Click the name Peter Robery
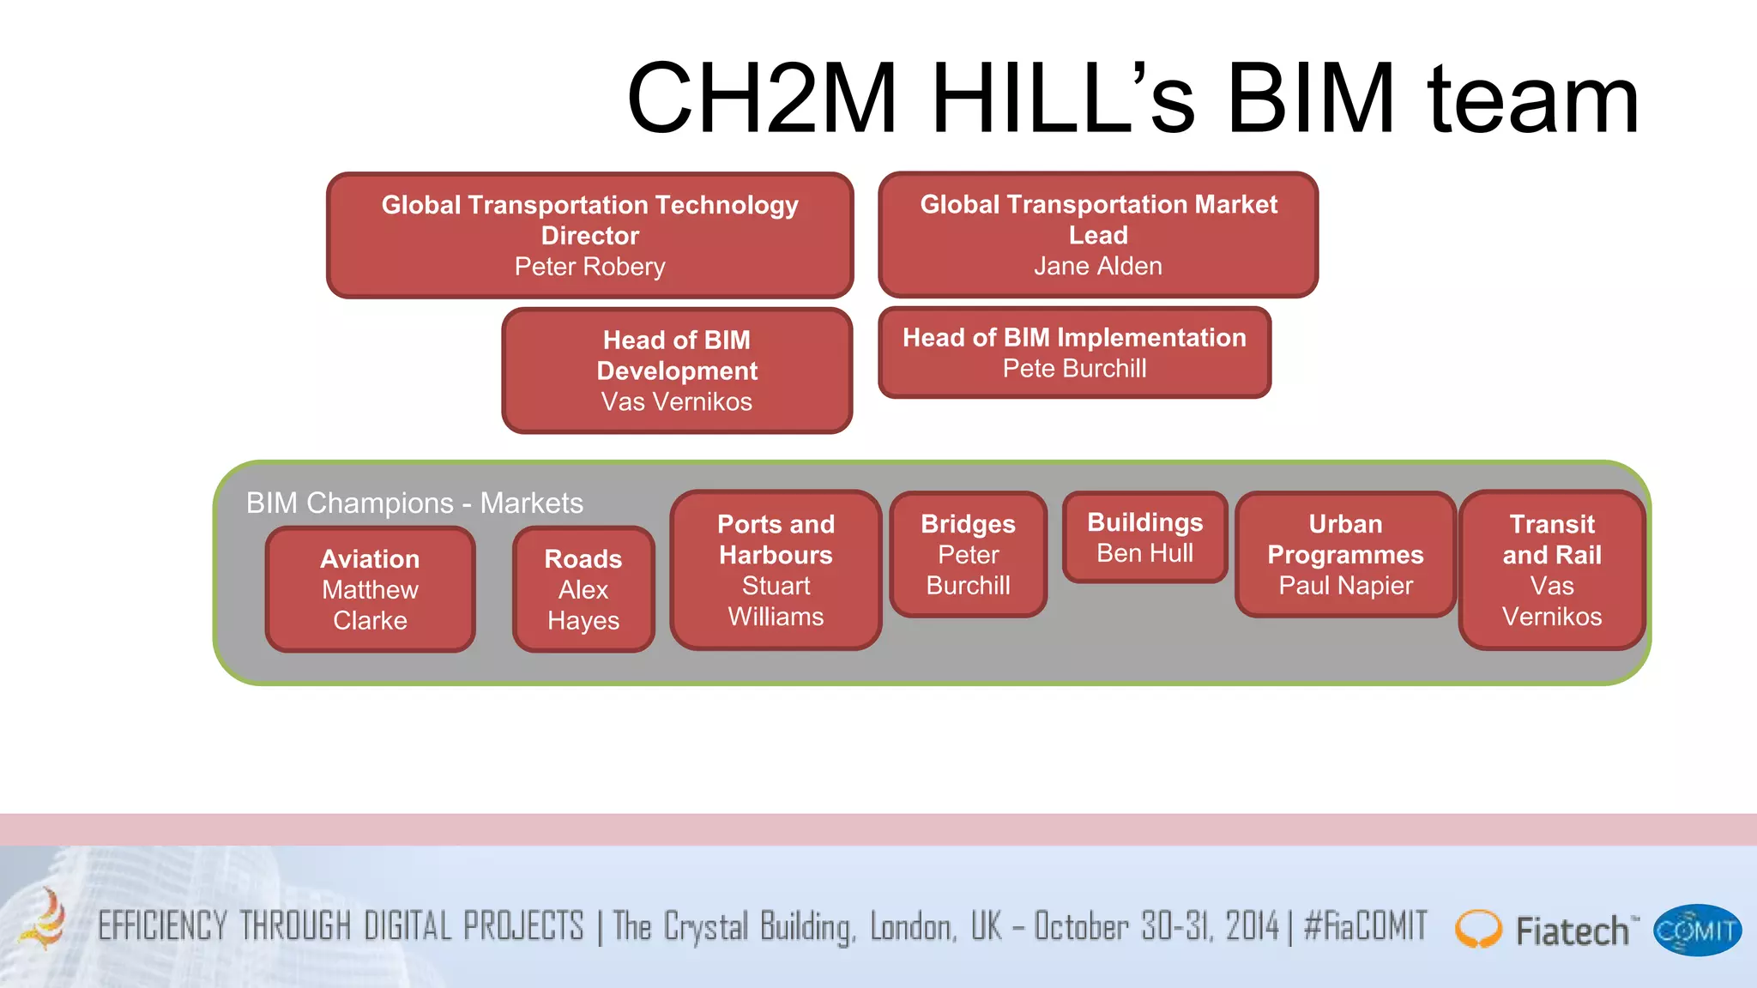tap(589, 267)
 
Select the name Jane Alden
tap(1097, 266)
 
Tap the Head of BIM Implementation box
tap(1074, 352)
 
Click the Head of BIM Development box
tap(677, 370)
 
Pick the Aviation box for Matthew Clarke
tap(370, 589)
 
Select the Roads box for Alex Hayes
tap(583, 589)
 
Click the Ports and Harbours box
tap(776, 570)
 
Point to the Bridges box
tap(968, 554)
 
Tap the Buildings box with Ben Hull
tap(1144, 538)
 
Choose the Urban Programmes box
tap(1345, 554)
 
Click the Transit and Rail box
tap(1551, 570)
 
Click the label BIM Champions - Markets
tap(414, 503)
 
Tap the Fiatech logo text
tap(1572, 931)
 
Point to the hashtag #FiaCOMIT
tap(1365, 927)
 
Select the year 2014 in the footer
tap(1252, 927)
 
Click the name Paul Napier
tap(1345, 586)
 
